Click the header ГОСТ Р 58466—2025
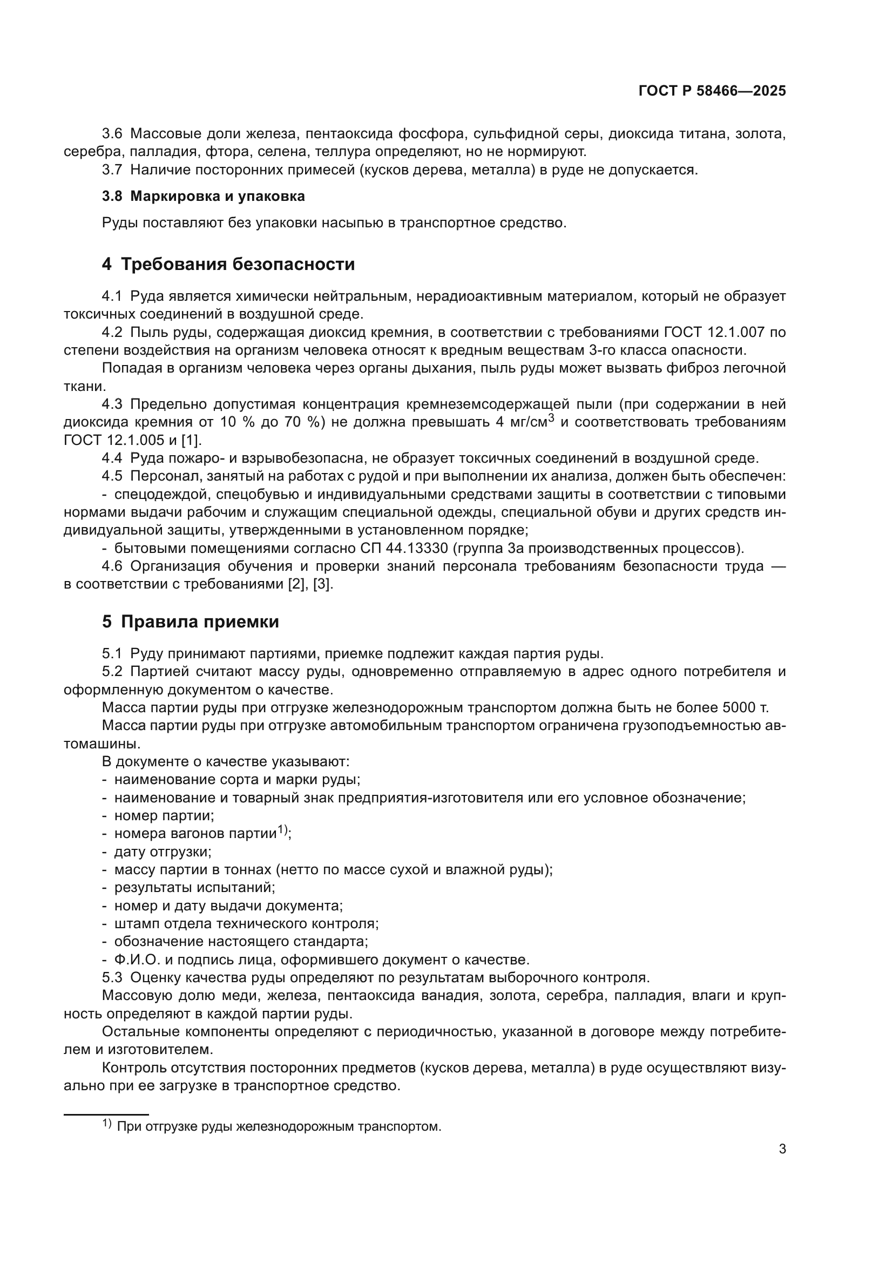point(712,91)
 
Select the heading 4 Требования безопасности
point(228,265)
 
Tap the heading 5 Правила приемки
point(190,622)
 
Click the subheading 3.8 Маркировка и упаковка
point(203,197)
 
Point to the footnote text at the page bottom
point(279,1126)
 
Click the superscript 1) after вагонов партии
point(282,829)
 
